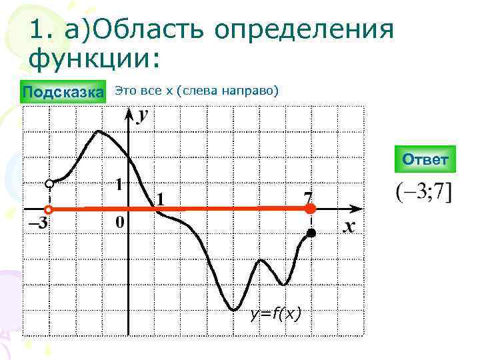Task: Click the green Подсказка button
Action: [64, 91]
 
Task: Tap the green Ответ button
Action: [425, 160]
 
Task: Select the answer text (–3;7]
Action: [423, 193]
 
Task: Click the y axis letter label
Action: [143, 117]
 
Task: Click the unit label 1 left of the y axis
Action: [119, 185]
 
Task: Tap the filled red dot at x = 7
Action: [310, 209]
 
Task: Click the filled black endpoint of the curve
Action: [310, 233]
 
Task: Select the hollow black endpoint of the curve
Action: [49, 183]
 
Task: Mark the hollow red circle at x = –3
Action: [49, 209]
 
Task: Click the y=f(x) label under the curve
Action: [275, 313]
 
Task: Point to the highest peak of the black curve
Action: [99, 131]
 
